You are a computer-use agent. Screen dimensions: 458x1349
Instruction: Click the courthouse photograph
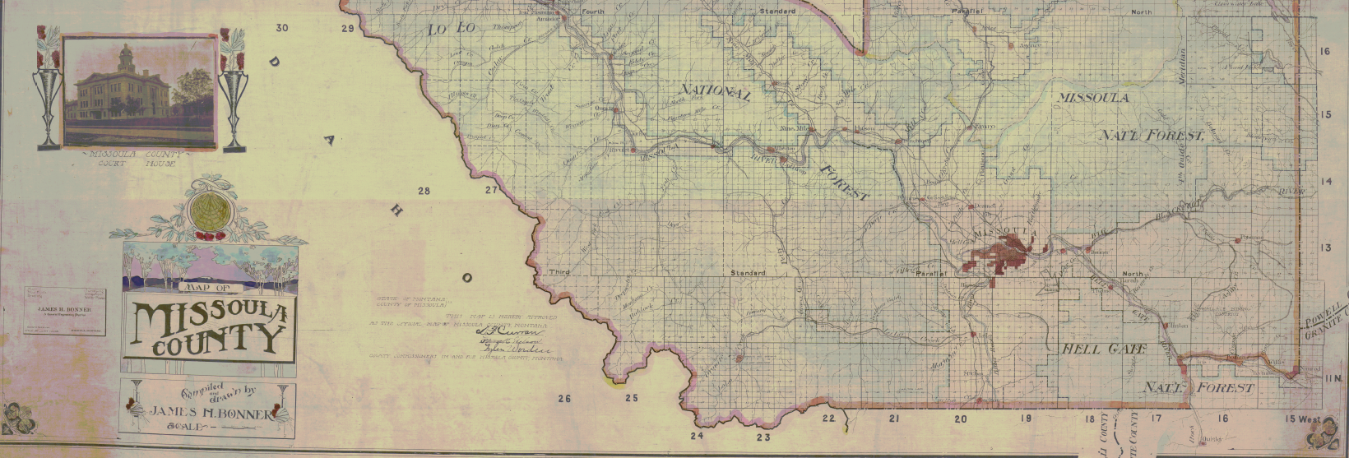coord(139,90)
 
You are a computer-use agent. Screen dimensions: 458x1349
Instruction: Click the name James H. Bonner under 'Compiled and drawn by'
coord(209,414)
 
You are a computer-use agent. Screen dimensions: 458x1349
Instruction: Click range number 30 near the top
coord(282,28)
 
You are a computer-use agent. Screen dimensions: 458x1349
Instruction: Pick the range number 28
coord(424,192)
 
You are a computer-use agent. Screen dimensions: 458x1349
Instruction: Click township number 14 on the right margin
coord(1325,181)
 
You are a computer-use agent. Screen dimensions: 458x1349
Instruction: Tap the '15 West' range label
coord(1303,419)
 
